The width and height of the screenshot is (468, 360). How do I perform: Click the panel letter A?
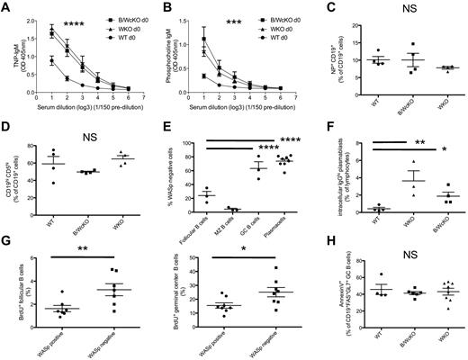point(6,7)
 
